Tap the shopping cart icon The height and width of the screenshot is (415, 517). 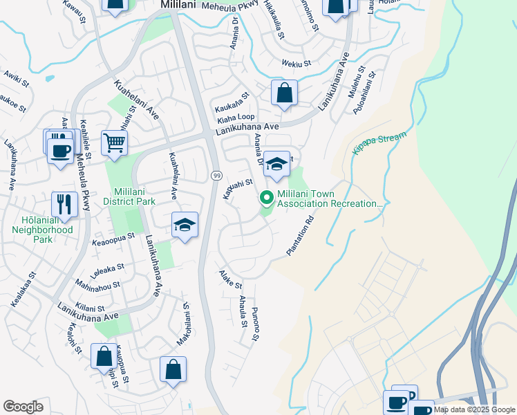[114, 143]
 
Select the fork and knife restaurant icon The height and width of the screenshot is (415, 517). [64, 204]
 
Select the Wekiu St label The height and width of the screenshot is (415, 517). [296, 64]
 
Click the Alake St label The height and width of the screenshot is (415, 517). [231, 280]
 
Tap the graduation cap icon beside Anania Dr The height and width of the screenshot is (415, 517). [276, 164]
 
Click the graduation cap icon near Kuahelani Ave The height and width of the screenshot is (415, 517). [185, 225]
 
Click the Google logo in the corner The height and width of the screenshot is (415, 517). [23, 407]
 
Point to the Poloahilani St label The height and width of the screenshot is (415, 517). [363, 93]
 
